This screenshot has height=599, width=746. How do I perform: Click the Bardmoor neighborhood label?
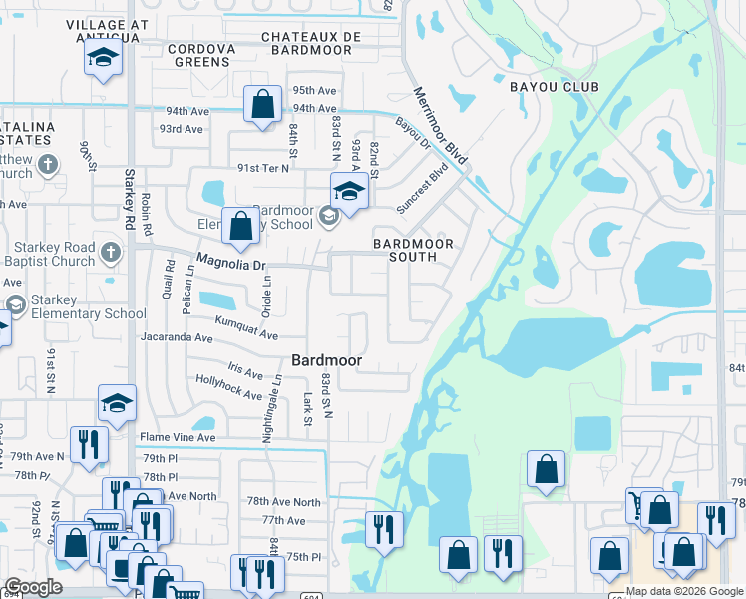325,359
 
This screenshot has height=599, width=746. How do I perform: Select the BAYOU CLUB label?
554,87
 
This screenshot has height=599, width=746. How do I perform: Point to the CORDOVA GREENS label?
200,55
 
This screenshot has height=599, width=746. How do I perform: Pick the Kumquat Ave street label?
246,327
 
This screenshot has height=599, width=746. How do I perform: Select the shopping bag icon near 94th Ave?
261,104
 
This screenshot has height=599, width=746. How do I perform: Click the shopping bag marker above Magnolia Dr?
240,226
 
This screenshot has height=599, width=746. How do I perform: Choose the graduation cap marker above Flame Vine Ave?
117,404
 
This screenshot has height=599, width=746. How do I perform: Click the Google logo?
34,588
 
